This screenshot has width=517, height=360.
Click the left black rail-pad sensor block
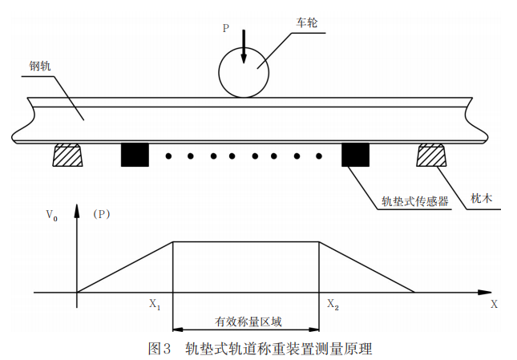point(135,154)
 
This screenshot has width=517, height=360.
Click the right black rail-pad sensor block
point(355,154)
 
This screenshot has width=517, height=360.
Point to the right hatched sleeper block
point(432,155)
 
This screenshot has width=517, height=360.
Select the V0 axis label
point(51,214)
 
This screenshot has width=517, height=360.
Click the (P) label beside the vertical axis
point(101,214)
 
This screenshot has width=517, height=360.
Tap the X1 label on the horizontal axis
point(155,305)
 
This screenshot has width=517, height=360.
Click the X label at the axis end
point(494,305)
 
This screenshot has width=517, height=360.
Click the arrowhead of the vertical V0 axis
point(77,210)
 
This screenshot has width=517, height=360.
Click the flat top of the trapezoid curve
point(246,241)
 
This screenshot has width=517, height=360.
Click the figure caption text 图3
point(160,349)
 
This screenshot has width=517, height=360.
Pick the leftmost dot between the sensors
point(168,156)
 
